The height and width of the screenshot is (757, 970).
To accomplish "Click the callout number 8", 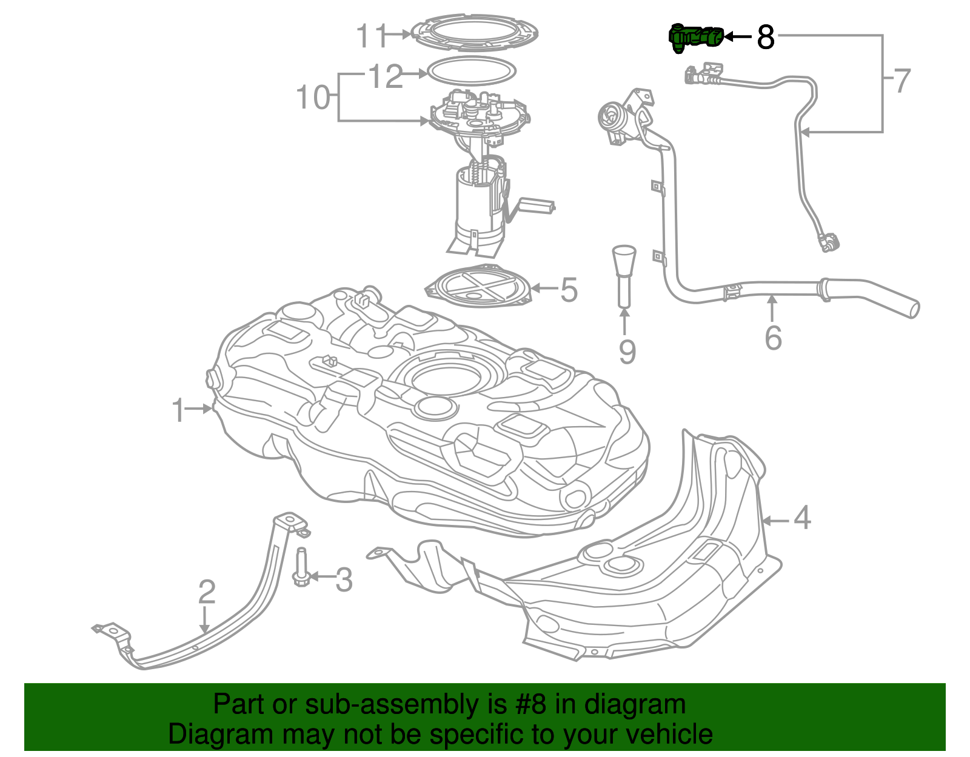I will pyautogui.click(x=766, y=37).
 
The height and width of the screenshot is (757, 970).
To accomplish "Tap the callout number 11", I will pyautogui.click(x=371, y=36).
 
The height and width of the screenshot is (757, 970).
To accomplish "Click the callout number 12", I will pyautogui.click(x=386, y=76).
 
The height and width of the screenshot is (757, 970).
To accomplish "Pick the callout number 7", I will pyautogui.click(x=902, y=81).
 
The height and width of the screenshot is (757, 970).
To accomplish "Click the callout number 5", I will pyautogui.click(x=569, y=290).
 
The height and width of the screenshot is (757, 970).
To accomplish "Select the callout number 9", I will pyautogui.click(x=627, y=352).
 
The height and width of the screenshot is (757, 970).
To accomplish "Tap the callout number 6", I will pyautogui.click(x=773, y=338).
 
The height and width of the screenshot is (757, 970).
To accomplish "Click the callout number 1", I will pyautogui.click(x=178, y=410).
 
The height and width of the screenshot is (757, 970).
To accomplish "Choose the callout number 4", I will pyautogui.click(x=802, y=518).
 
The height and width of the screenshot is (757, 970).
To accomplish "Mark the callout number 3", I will pyautogui.click(x=344, y=579).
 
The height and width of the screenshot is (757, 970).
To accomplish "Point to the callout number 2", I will pyautogui.click(x=207, y=592).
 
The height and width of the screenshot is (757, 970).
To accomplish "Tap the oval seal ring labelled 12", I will pyautogui.click(x=472, y=70).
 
